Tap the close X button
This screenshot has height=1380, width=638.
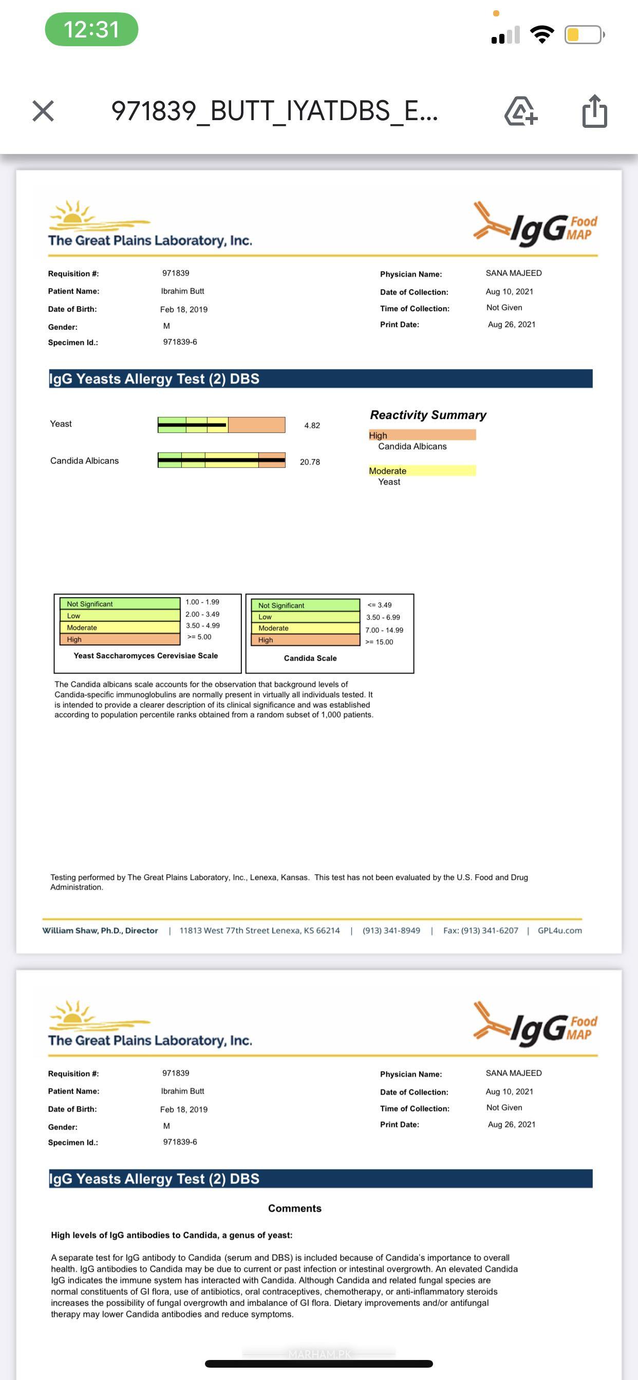click(43, 111)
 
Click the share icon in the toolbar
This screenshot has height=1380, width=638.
click(594, 111)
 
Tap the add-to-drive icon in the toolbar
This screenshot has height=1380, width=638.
click(520, 111)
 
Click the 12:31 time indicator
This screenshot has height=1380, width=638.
click(91, 29)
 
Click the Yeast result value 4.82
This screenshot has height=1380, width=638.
click(311, 426)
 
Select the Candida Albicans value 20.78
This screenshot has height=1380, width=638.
click(310, 462)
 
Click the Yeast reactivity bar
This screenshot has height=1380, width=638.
click(221, 425)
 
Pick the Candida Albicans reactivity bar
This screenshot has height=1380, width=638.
click(221, 460)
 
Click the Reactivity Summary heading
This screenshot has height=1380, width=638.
click(428, 415)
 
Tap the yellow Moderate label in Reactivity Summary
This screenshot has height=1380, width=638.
click(421, 470)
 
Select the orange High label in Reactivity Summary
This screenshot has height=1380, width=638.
click(421, 435)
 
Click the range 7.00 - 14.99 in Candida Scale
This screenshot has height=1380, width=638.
click(384, 630)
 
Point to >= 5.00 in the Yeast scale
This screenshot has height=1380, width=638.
click(199, 637)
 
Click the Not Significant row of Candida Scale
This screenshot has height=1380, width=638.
click(306, 605)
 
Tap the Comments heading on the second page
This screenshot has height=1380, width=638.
click(294, 1208)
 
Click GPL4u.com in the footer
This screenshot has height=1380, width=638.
click(559, 931)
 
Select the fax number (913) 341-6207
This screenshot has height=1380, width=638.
click(480, 931)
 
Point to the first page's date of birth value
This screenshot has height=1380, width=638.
click(183, 310)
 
